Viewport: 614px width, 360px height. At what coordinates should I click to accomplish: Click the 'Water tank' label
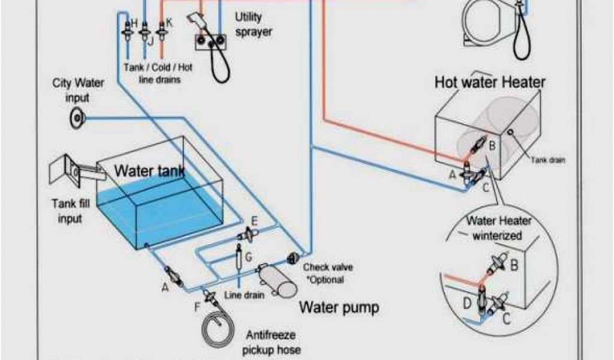(x=149, y=172)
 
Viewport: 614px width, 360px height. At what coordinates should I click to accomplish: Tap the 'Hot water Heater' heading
(x=490, y=82)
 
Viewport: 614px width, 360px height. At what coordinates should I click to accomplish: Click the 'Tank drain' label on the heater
(x=548, y=160)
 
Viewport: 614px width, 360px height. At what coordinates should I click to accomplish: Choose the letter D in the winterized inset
(x=466, y=303)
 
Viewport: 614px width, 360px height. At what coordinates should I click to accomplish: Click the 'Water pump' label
(x=339, y=308)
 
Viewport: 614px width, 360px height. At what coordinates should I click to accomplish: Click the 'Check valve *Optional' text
(x=323, y=274)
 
